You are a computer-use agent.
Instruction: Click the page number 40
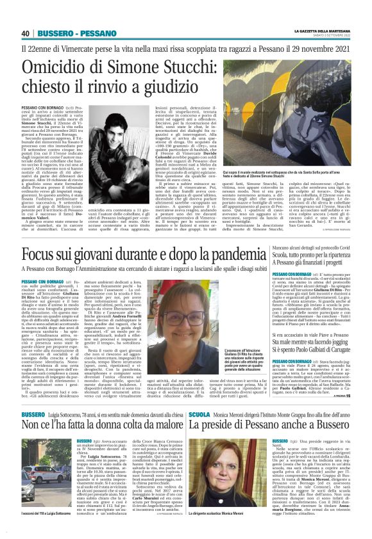pos(26,33)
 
